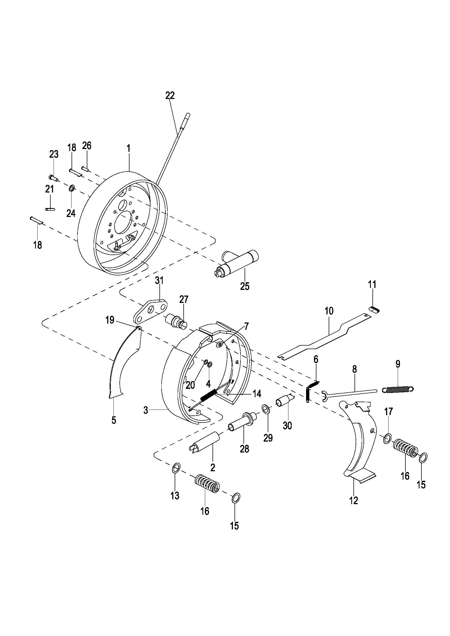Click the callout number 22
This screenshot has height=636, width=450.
[x=170, y=95]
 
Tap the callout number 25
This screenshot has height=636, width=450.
[x=245, y=286]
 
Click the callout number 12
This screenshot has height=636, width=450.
[x=354, y=500]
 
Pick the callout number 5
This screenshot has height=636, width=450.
[x=114, y=420]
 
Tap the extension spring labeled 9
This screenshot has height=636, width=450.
[x=398, y=389]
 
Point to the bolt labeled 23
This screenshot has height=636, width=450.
[x=53, y=178]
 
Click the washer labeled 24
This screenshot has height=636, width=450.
[x=72, y=189]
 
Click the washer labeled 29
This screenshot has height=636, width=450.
[x=266, y=408]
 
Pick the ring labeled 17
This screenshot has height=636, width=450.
[x=387, y=439]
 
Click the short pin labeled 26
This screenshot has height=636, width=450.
[x=85, y=168]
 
